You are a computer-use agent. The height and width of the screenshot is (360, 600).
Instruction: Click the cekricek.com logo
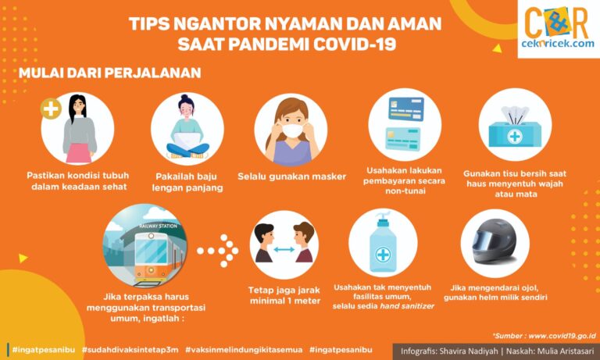[559, 28]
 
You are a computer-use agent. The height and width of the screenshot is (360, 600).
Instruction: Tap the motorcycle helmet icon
[494, 241]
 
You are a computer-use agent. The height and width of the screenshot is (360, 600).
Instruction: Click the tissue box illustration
[515, 127]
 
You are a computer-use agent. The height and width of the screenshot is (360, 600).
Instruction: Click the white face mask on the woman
[292, 130]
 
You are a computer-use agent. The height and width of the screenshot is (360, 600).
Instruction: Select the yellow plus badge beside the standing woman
[51, 109]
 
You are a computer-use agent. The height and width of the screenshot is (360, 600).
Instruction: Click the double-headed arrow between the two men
[284, 249]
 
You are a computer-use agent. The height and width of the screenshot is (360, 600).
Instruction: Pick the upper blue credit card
[406, 109]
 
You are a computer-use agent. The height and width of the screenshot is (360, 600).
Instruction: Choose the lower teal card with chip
[403, 138]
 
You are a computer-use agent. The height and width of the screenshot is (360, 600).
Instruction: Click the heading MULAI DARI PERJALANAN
[110, 73]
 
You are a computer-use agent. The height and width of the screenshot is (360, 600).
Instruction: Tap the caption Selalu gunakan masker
[291, 176]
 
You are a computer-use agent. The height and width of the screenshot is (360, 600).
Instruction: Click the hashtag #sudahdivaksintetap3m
[130, 350]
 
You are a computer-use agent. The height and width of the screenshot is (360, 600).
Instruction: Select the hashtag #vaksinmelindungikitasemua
[244, 350]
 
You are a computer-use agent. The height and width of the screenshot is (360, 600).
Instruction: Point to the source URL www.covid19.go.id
[562, 336]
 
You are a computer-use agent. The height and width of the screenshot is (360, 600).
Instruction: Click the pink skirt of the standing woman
[79, 152]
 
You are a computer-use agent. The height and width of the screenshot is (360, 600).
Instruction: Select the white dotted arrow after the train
[218, 251]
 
